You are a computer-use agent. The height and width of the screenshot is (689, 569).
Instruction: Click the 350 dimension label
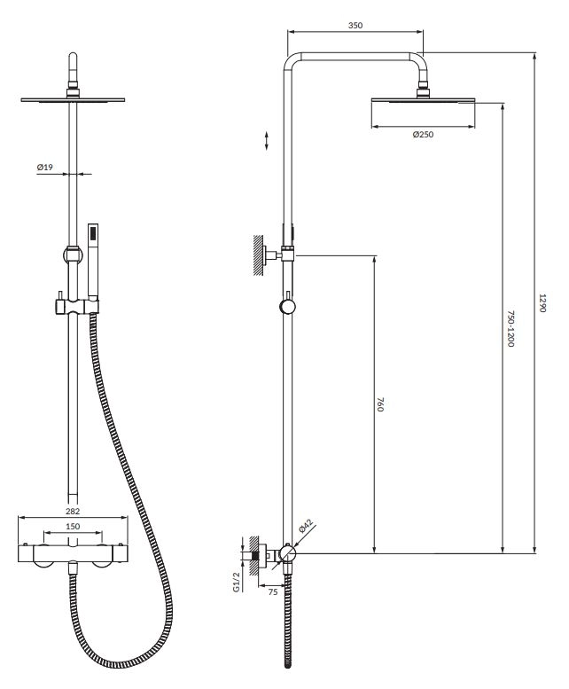tap(355, 26)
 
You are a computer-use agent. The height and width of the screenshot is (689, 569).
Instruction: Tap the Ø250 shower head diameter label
tap(423, 135)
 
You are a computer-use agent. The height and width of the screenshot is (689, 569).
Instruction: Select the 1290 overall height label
tap(542, 302)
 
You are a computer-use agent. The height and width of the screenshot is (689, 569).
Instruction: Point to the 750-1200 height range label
tap(511, 329)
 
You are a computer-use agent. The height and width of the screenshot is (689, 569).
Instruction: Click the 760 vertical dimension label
tap(380, 404)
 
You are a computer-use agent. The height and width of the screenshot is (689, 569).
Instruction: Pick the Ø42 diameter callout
tap(306, 526)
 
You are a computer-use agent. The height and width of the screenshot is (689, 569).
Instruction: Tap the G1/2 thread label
tap(237, 583)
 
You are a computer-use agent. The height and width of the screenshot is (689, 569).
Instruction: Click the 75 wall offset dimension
tap(273, 591)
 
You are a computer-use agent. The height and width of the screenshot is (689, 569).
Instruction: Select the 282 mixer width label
tap(73, 511)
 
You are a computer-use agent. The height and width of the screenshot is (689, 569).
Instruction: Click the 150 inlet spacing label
tap(73, 527)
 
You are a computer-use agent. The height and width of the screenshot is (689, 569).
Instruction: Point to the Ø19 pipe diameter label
tap(45, 168)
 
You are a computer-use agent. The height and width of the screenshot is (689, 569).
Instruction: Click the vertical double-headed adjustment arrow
tap(267, 140)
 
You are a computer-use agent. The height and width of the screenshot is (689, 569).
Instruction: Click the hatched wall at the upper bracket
tap(259, 255)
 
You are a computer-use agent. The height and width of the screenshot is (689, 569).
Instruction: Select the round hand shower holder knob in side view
tap(287, 307)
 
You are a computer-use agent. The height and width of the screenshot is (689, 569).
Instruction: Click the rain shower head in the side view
tap(423, 101)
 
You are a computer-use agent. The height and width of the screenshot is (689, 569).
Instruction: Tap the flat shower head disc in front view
tap(73, 100)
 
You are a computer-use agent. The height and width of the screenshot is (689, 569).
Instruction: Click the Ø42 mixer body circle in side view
tap(287, 553)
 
